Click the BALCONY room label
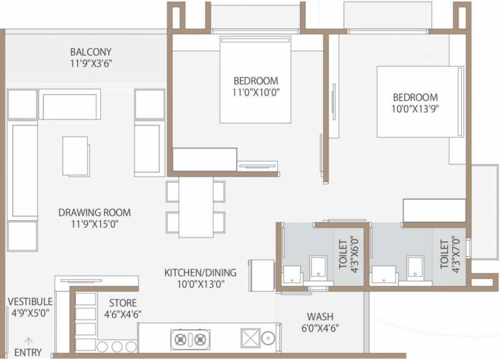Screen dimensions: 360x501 [x=91, y=52]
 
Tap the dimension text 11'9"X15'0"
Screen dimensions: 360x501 [x=94, y=224]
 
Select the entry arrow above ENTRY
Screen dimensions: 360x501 [x=28, y=341]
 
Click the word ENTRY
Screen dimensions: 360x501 [x=28, y=352]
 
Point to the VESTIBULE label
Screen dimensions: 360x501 [x=30, y=301]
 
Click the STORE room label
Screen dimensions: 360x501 [x=123, y=303]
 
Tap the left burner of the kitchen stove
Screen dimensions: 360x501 [x=180, y=338]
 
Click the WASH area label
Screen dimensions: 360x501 [x=320, y=316]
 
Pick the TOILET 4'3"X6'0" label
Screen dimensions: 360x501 [x=348, y=254]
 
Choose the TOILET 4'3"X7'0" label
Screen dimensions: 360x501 [x=449, y=254]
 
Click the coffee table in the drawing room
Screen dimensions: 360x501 [x=76, y=156]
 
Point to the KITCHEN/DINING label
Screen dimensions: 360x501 [x=200, y=272]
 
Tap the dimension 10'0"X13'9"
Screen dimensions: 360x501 [x=415, y=109]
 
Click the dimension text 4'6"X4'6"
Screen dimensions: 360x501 [x=123, y=314]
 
